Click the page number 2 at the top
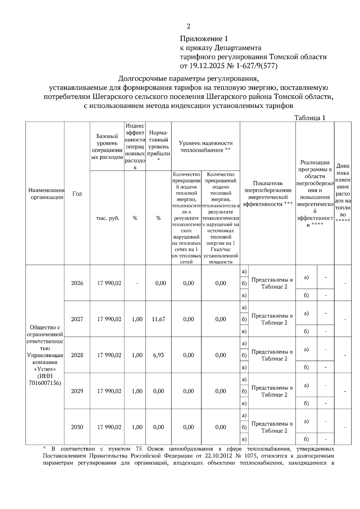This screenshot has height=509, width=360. [188, 26]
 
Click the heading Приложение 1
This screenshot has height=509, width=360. [204, 39]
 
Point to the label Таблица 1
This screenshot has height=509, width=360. [310, 118]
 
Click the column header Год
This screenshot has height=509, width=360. [77, 194]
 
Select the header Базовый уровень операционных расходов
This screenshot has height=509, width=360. [107, 147]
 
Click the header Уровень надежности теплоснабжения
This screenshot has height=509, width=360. [205, 147]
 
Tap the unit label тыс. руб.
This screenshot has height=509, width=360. [107, 218]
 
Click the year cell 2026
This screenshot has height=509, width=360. [77, 283]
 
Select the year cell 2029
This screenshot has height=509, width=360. [77, 391]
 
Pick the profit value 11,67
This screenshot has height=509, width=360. [158, 319]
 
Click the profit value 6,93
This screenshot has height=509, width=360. [158, 355]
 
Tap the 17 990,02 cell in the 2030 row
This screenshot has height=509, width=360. [109, 427]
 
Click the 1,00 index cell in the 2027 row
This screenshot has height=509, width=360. [137, 319]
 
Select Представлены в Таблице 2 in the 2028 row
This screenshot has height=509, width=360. [272, 355]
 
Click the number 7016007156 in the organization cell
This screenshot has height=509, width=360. [45, 383]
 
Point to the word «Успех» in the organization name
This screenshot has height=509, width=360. [45, 369]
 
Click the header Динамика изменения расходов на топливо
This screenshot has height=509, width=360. [343, 193]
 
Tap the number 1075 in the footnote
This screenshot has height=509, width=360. [281, 456]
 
